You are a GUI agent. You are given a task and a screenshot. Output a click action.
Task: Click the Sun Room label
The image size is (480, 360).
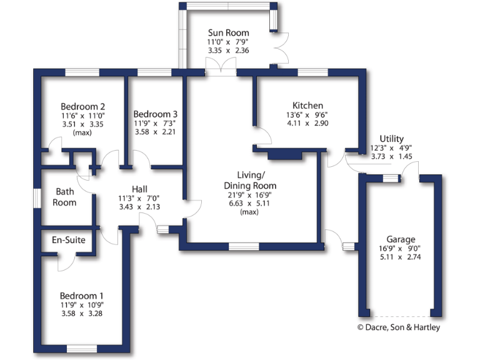click(228, 33)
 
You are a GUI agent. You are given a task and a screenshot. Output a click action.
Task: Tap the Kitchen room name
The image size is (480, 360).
click(307, 106)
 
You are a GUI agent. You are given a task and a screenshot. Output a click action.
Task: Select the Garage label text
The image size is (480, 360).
click(401, 239)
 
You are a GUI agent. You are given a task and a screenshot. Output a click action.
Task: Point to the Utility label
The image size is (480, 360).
click(391, 139)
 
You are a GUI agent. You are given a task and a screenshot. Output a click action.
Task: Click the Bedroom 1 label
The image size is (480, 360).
click(82, 296)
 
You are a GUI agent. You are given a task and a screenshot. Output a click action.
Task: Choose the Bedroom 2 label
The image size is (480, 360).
click(82, 106)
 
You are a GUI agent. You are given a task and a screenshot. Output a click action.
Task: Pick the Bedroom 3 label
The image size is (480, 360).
click(156, 114)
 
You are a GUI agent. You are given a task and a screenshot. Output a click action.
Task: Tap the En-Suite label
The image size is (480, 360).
click(68, 240)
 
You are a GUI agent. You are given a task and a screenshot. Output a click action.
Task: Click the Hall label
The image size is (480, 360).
click(139, 189)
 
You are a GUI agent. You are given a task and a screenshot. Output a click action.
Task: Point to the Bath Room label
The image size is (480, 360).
click(65, 197)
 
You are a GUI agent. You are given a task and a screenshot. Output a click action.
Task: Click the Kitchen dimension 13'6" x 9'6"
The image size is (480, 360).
click(307, 115)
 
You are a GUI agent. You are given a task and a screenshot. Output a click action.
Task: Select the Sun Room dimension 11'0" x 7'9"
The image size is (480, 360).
click(228, 42)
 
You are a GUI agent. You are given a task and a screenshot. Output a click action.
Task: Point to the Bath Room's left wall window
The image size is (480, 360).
click(37, 197)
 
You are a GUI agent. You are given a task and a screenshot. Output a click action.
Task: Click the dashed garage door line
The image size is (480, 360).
click(400, 315)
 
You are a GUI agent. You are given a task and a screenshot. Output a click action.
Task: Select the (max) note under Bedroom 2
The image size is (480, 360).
click(82, 133)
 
